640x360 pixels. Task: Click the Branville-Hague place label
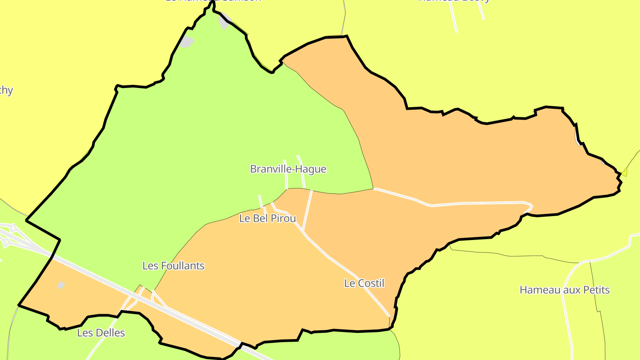(288, 169)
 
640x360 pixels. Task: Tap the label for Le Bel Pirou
(267, 218)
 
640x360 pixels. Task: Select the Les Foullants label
(173, 266)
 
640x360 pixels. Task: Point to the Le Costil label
(364, 283)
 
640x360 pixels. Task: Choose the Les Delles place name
(101, 332)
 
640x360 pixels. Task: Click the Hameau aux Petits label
(564, 290)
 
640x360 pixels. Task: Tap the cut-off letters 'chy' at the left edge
(6, 90)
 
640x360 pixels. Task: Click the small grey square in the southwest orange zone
(61, 285)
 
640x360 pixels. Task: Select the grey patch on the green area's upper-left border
(187, 42)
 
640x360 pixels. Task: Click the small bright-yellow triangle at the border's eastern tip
(624, 172)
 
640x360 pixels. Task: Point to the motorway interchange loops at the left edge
(9, 236)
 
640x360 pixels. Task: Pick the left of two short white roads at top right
(453, 18)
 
